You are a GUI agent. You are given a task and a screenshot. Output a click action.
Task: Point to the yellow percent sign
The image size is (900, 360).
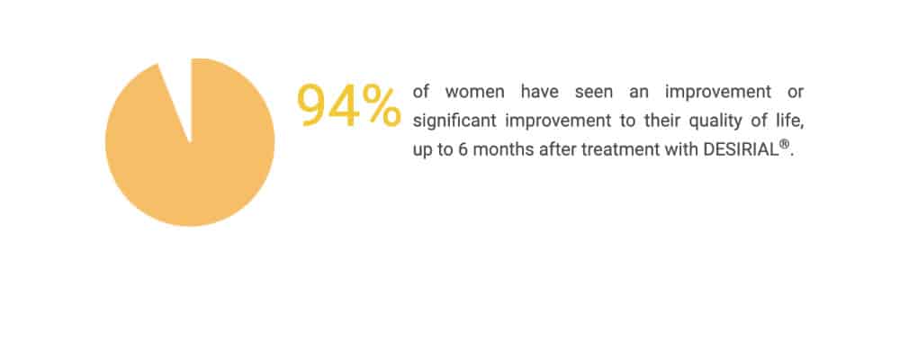pyautogui.click(x=381, y=104)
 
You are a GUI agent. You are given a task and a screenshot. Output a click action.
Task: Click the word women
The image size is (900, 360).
pyautogui.click(x=474, y=92)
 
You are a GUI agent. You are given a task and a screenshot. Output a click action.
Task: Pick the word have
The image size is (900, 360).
pyautogui.click(x=539, y=92)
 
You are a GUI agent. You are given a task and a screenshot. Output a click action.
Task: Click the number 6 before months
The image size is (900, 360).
pyautogui.click(x=463, y=150)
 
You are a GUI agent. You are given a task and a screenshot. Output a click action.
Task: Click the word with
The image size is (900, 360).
pyautogui.click(x=680, y=150)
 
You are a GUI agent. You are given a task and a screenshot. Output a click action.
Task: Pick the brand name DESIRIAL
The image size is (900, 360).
pyautogui.click(x=741, y=150)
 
